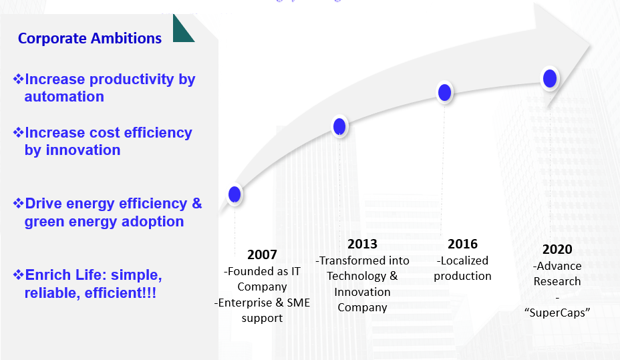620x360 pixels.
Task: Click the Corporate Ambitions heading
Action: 90,38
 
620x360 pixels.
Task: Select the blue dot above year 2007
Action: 235,194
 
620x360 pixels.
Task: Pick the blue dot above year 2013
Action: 339,126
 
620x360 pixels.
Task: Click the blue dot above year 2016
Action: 445,92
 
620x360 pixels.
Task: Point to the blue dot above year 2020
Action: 550,79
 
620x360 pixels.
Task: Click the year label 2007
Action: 262,254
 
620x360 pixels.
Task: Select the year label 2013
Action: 362,244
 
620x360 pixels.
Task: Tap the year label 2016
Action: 462,244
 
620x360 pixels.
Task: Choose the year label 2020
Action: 557,249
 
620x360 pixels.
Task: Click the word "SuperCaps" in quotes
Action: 557,313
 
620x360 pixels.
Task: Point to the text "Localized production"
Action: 462,268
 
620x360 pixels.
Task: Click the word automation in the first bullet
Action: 64,97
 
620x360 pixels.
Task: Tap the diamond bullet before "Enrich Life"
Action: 19,275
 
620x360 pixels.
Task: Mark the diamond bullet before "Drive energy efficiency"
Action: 19,203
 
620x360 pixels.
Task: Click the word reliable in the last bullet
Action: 49,293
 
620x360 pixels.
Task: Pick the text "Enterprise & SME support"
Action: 262,310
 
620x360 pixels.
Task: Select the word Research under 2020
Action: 557,281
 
